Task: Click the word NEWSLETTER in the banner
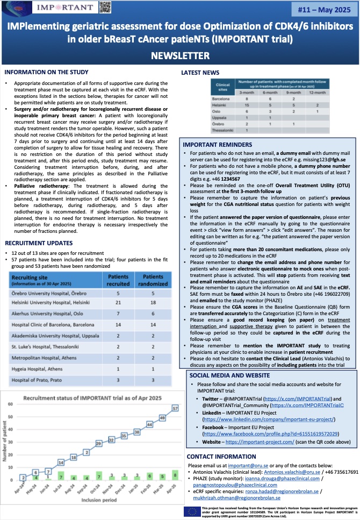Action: pyautogui.click(x=179, y=55)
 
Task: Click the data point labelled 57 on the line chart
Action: pyautogui.click(x=174, y=409)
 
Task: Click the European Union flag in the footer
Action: pyautogui.click(x=191, y=511)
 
